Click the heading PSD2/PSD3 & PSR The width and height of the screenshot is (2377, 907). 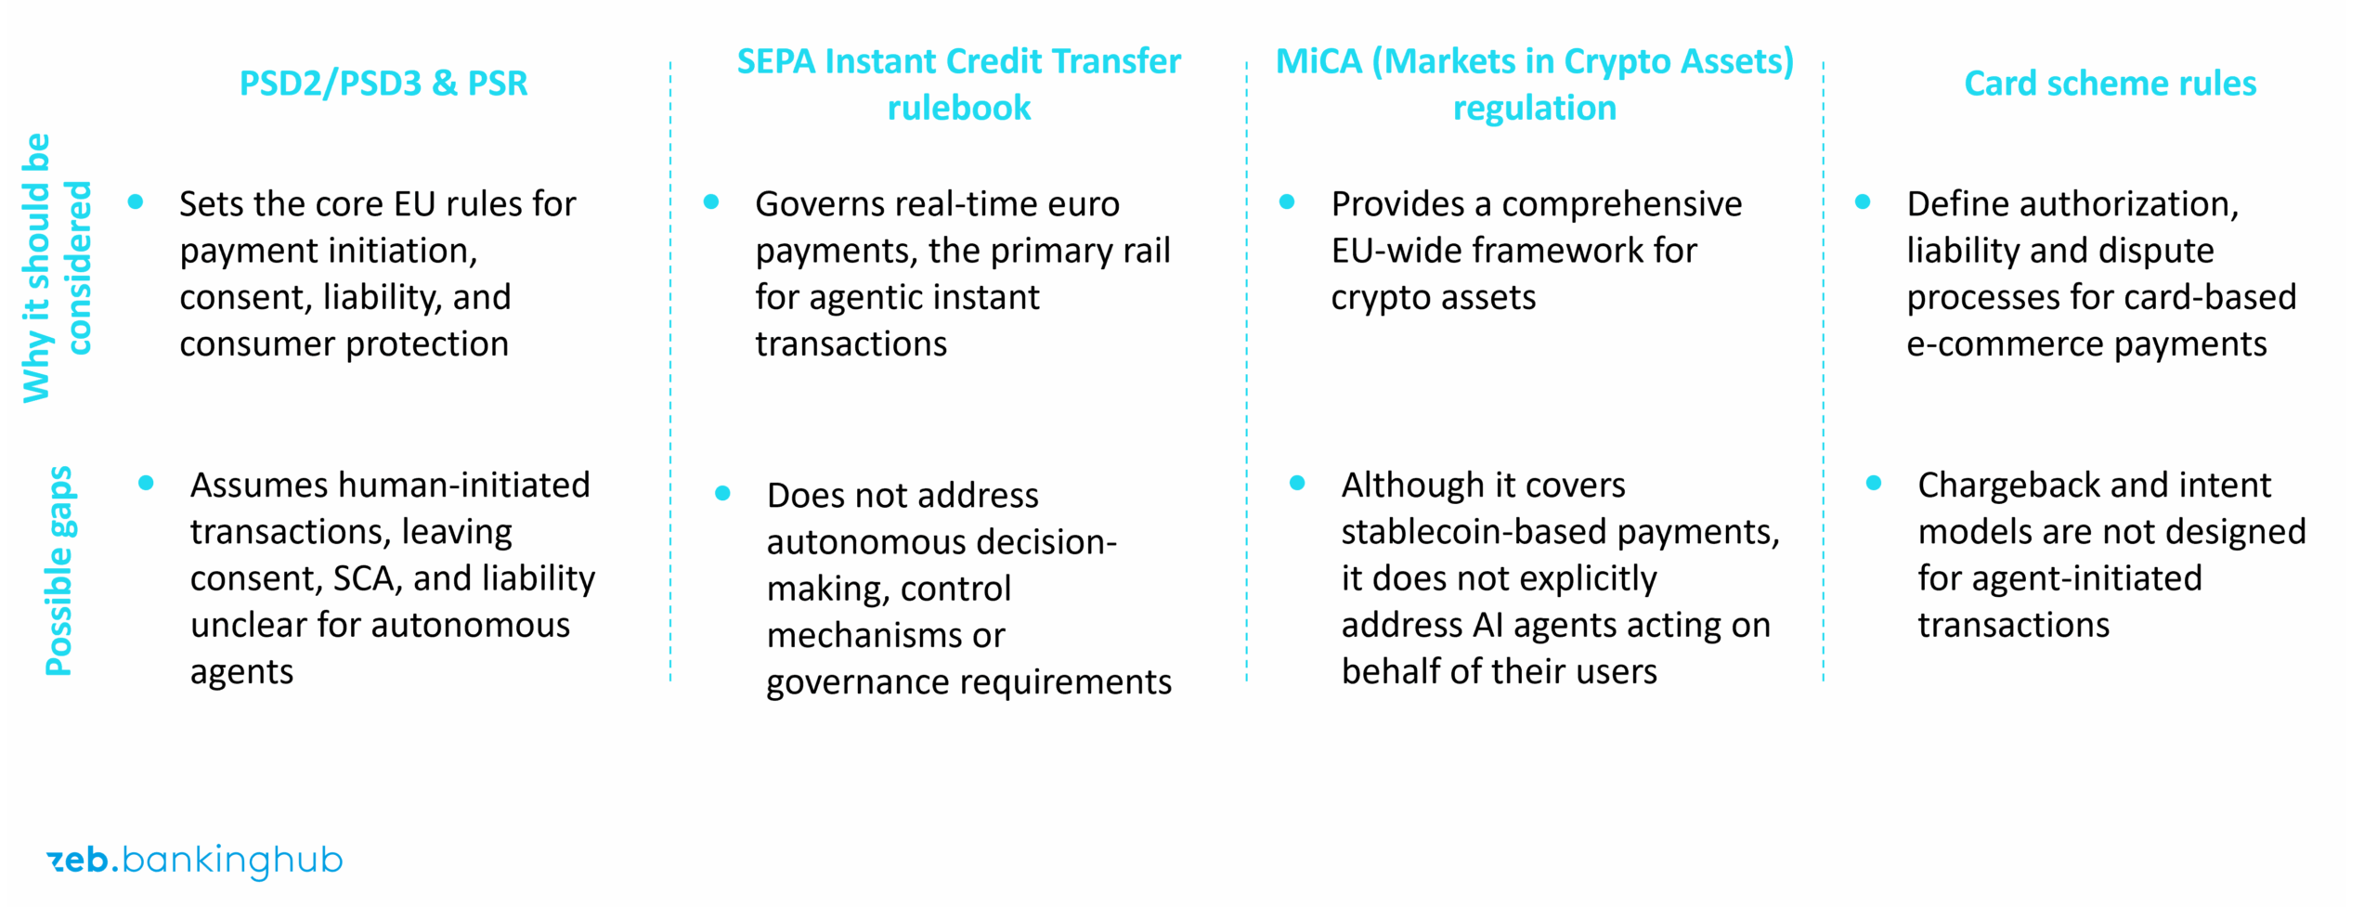(383, 84)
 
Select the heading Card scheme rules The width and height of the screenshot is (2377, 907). (2110, 84)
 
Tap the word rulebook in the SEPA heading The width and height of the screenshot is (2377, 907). (958, 108)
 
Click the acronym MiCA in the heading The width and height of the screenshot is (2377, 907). (1318, 61)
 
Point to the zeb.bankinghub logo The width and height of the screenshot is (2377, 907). (194, 861)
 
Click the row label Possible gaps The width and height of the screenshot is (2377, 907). (59, 570)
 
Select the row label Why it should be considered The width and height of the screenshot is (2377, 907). (58, 267)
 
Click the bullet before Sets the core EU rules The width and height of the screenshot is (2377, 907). (136, 201)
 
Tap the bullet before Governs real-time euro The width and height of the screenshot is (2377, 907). (711, 201)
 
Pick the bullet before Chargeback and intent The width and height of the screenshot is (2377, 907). (1873, 483)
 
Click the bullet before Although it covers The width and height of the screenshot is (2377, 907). (1297, 483)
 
